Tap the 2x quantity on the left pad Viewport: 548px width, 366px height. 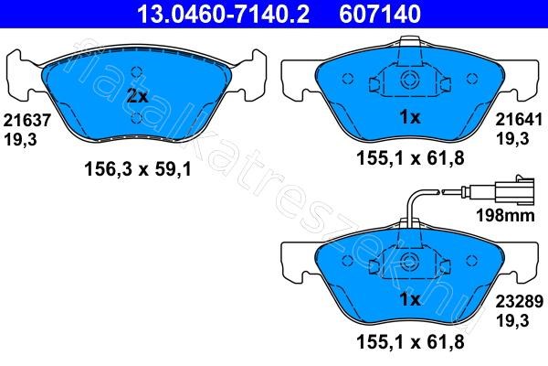tap(136, 95)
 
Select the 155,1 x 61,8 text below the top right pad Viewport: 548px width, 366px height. tap(408, 158)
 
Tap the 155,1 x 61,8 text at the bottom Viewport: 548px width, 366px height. tap(408, 340)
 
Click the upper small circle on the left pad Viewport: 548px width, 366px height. tap(135, 73)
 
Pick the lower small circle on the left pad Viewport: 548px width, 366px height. tap(135, 117)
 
